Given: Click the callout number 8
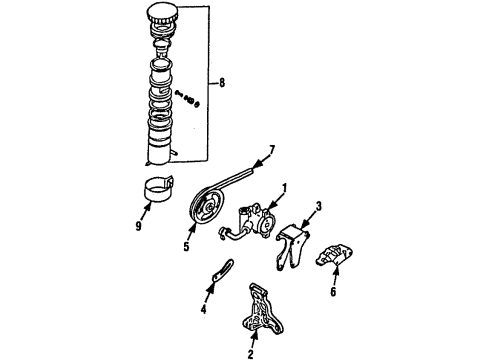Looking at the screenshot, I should click(221, 82).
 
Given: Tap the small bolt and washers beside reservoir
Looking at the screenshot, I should click(187, 98).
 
